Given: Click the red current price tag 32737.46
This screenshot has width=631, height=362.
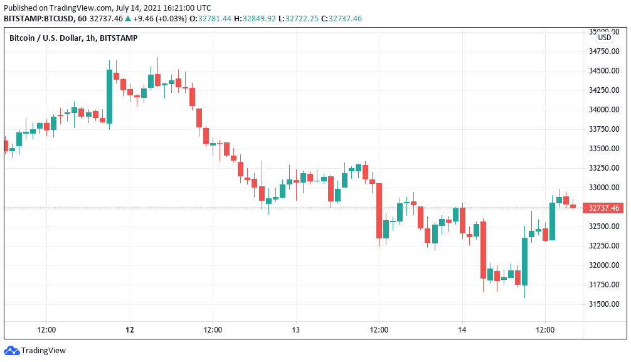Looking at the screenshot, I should click(603, 208).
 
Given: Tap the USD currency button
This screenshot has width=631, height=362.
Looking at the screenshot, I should click(604, 38).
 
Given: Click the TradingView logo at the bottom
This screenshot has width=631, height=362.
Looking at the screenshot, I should click(35, 351).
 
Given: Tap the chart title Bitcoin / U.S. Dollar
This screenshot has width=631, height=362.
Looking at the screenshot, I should click(46, 38).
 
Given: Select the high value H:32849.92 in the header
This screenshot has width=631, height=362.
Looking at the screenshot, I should click(256, 19).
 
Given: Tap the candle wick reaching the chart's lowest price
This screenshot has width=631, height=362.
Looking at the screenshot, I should click(524, 292).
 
